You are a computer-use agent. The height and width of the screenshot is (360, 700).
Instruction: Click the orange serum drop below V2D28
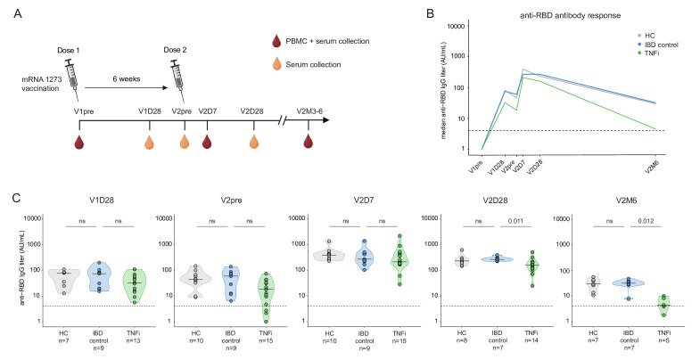click(x=255, y=142)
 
